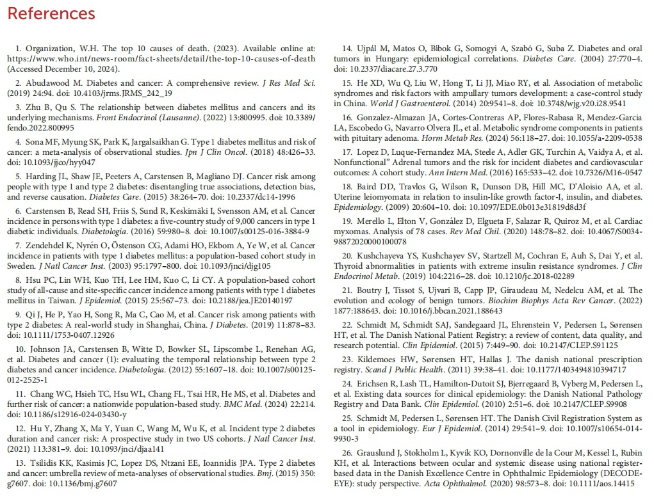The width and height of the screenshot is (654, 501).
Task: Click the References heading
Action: [51, 13]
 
